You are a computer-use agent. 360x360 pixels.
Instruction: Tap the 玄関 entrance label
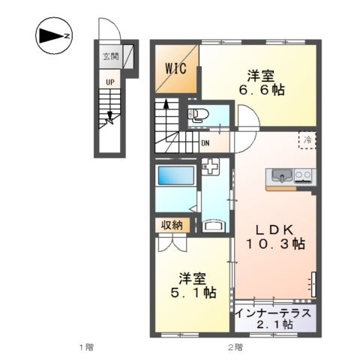(109, 55)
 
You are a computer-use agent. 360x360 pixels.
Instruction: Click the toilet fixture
(198, 115)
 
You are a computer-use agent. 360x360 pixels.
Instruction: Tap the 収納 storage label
(171, 224)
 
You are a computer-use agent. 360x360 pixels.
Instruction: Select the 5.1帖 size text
(192, 292)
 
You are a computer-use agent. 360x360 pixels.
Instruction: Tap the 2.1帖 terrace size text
(274, 324)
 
